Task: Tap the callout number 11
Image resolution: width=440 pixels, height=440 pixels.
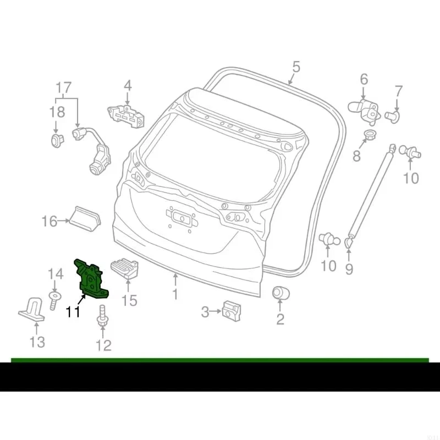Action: pyautogui.click(x=73, y=312)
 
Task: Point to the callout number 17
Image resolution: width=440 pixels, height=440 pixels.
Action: pyautogui.click(x=64, y=87)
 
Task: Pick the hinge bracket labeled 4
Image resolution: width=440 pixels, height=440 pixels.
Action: pyautogui.click(x=128, y=114)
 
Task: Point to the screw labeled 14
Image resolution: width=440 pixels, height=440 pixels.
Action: pyautogui.click(x=54, y=300)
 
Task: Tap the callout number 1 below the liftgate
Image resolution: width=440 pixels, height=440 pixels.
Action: pyautogui.click(x=175, y=295)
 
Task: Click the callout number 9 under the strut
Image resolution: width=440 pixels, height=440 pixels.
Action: pyautogui.click(x=349, y=269)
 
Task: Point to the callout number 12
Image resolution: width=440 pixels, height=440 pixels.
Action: pyautogui.click(x=103, y=345)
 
